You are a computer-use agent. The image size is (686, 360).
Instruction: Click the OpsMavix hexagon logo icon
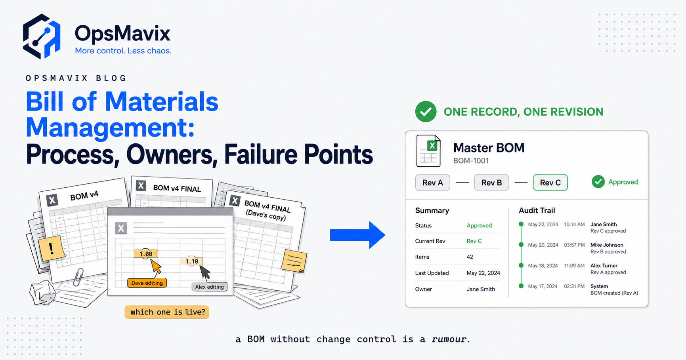coord(42,36)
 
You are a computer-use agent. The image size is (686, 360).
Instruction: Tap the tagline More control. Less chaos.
coord(123,51)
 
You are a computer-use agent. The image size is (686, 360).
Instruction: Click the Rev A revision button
coord(432,183)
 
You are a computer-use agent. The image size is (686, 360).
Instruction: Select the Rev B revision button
coord(491,183)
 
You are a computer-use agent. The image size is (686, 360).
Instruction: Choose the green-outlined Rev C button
coord(550,183)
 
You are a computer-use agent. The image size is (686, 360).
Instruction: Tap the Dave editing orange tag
coord(147,283)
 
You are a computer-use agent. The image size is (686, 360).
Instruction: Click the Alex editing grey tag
coord(209,287)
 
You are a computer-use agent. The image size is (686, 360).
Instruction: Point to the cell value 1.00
coord(146,254)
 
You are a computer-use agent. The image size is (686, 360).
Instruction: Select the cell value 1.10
coord(192,261)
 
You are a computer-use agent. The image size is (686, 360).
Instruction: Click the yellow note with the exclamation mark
coord(52,248)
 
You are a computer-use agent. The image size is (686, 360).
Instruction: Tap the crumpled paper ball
coord(43,293)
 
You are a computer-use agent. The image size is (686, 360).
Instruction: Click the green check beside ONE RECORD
coord(426,112)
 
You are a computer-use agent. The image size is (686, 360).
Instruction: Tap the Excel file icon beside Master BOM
coord(428,151)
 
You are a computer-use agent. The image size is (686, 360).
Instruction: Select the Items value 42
coord(470,257)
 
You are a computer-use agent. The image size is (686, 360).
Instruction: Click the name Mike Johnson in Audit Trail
coord(607,245)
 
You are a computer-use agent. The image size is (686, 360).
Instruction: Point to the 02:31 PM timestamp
coord(574,286)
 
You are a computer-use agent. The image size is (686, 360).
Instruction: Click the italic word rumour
coord(449,339)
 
